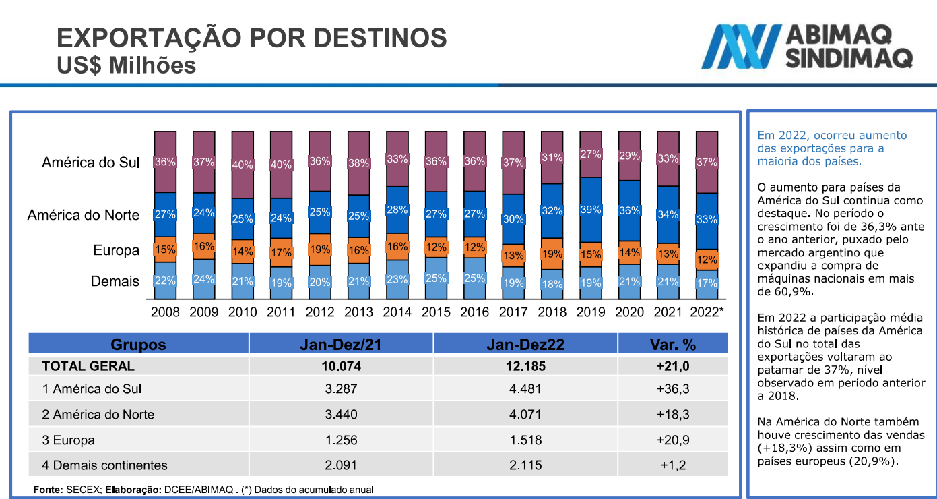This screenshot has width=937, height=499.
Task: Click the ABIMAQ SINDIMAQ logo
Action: pos(806,47)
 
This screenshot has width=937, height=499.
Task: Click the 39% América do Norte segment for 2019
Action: pos(591,210)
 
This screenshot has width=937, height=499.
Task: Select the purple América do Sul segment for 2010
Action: pos(243,165)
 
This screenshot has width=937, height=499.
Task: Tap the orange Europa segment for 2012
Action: pos(320,249)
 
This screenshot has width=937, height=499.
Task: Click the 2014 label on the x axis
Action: pos(397,312)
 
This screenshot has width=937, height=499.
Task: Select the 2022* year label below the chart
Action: pos(707,312)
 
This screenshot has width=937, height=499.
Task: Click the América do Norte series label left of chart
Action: pos(84,216)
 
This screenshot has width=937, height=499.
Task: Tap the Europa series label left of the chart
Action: pos(116,251)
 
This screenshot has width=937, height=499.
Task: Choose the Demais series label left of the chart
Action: pos(115,282)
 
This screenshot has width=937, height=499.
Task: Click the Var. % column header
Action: pos(672,344)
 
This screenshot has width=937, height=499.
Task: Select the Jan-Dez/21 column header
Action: pos(341,344)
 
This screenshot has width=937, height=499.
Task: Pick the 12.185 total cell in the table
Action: pos(525,367)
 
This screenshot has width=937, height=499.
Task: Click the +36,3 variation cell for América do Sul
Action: pos(672,390)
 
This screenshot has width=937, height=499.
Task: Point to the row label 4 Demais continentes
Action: pos(104,466)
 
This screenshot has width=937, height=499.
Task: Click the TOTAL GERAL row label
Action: pos(88,367)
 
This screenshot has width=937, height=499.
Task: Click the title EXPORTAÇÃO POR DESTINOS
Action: pos(252,38)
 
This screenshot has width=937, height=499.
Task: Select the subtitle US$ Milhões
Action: pos(127,65)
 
